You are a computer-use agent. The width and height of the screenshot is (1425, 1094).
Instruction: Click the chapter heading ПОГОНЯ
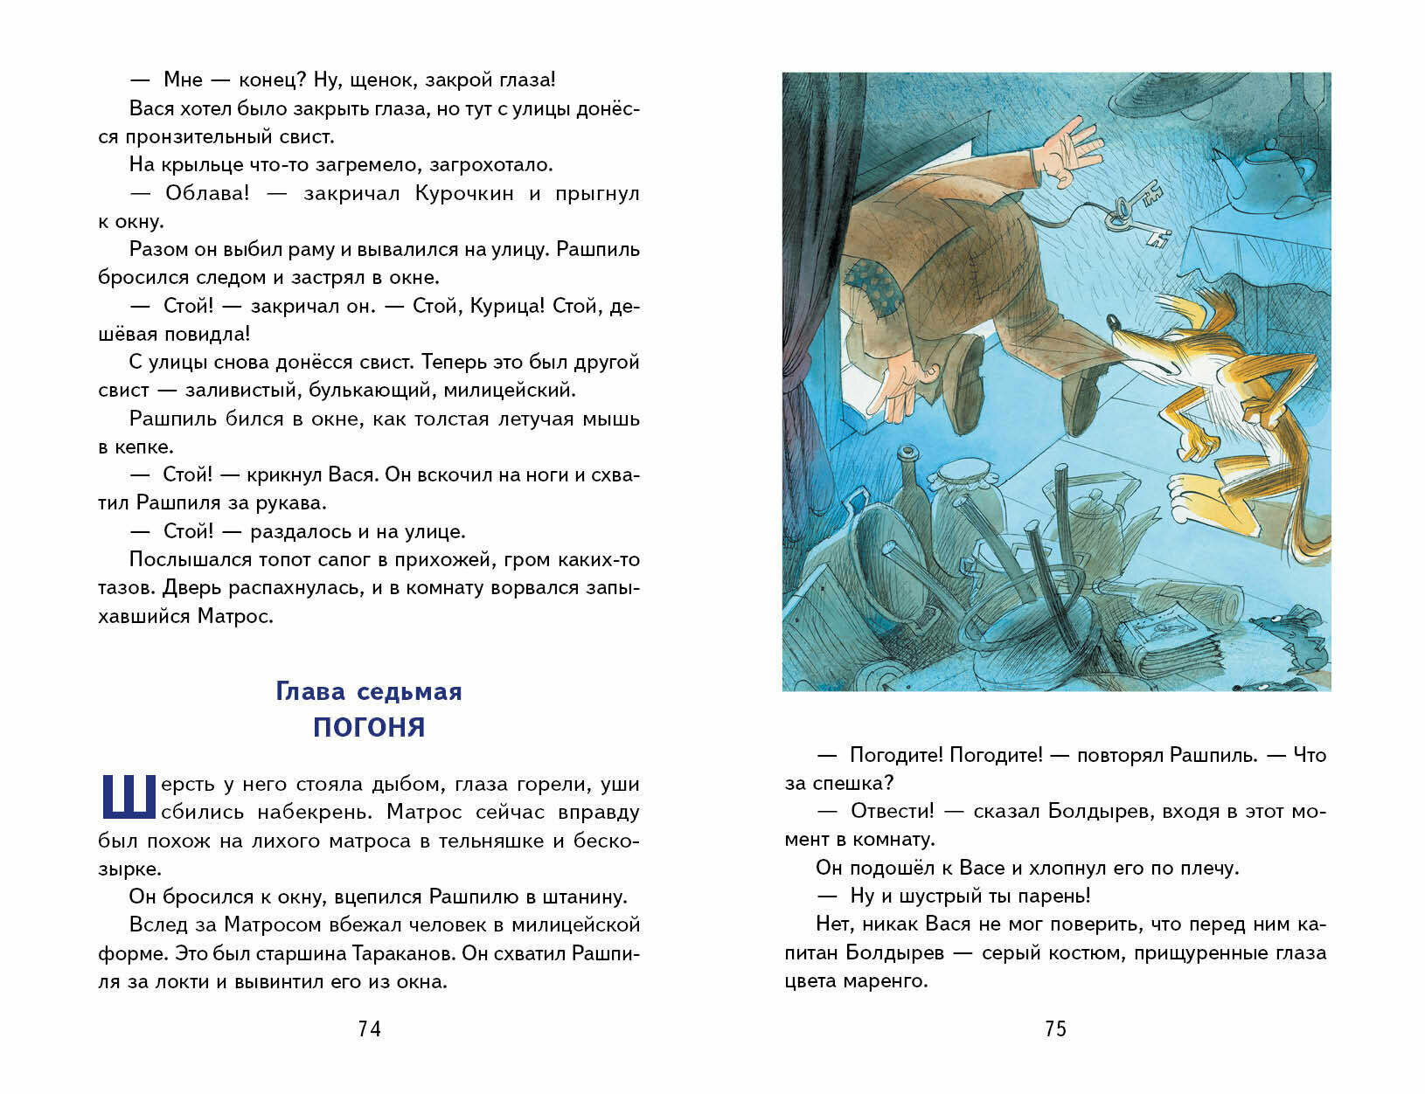click(369, 727)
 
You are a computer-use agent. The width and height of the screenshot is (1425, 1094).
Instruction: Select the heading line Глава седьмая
click(369, 691)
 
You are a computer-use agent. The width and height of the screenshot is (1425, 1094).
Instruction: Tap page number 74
click(370, 1029)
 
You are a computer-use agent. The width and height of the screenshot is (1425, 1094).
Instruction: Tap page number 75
click(1056, 1029)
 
